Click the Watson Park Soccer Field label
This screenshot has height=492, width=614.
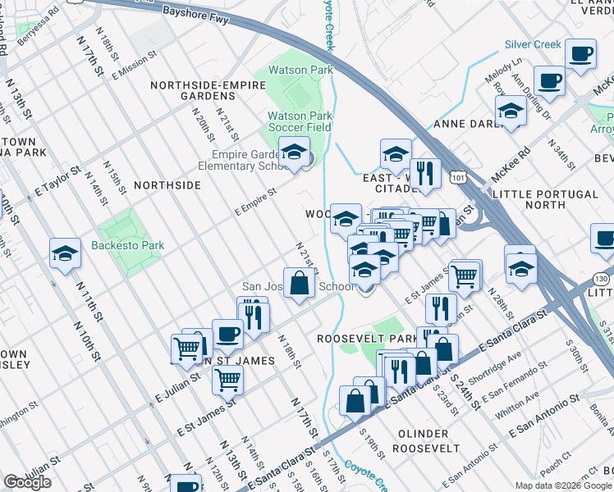pos(300,121)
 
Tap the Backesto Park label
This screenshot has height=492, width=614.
pos(128,245)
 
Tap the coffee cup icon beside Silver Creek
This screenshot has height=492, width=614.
pos(580,55)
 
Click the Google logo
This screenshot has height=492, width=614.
pos(27,482)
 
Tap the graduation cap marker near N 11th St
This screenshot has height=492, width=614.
pos(65,254)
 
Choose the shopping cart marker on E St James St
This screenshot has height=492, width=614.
pos(227,380)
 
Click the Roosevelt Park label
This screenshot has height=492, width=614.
pos(368,338)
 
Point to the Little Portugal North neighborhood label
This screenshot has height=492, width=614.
pos(545,200)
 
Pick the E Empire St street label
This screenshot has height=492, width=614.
pos(255,201)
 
